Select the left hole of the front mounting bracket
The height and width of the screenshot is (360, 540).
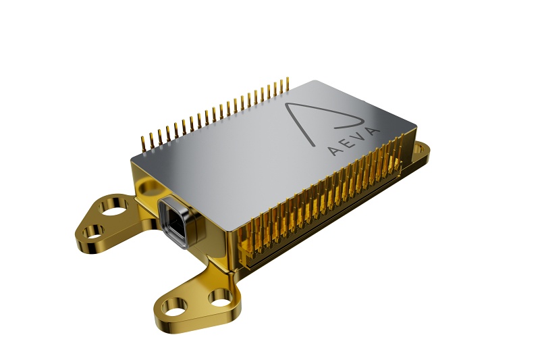pos(174,313)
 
